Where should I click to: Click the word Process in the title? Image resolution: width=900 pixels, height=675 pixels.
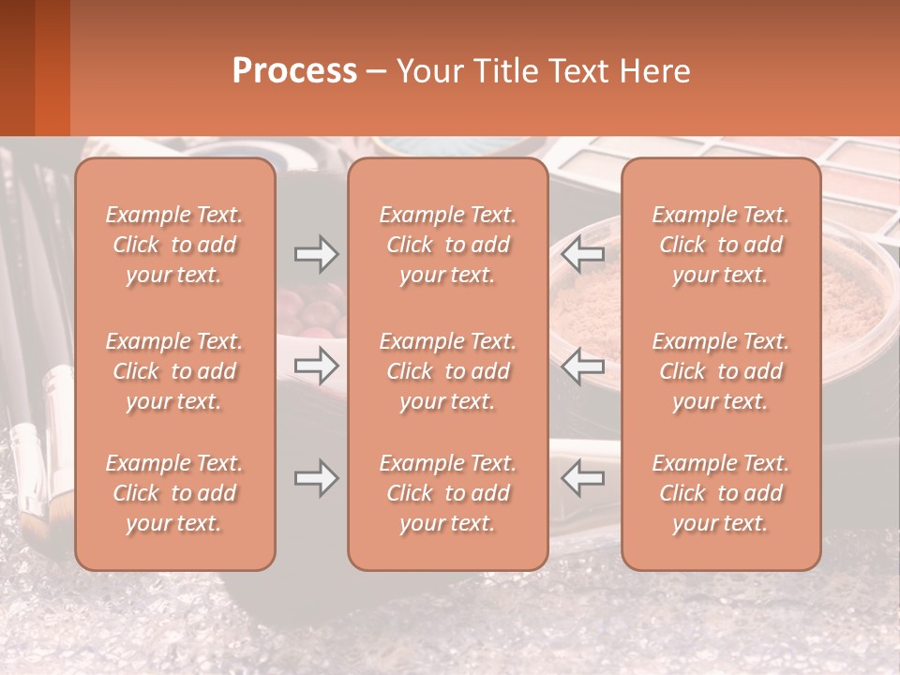coord(294,71)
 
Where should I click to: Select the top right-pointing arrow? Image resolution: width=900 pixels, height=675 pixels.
coord(316,253)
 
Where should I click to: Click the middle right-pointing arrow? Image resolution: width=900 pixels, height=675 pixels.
coord(316,366)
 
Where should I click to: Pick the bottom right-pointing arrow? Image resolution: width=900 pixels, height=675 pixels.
coord(316,478)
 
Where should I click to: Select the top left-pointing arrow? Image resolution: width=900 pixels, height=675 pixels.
coord(583,253)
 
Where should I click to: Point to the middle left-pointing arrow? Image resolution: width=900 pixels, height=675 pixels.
coord(583,366)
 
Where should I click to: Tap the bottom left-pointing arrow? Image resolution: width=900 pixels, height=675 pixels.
coord(583,478)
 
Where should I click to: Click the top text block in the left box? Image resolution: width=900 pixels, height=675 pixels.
coord(174,245)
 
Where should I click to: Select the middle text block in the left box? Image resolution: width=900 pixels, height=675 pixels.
coord(174,371)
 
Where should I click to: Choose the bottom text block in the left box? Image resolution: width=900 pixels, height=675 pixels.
coord(174,493)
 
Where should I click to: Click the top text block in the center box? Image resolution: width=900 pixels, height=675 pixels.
coord(447,245)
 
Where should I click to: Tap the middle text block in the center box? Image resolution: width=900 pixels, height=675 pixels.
coord(447,371)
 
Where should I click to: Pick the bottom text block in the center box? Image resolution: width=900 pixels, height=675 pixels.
coord(447,493)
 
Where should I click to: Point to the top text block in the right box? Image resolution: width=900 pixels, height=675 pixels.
coord(720,245)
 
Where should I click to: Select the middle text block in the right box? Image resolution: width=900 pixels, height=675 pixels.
coord(720,371)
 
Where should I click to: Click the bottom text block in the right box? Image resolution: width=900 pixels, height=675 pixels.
coord(720,493)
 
